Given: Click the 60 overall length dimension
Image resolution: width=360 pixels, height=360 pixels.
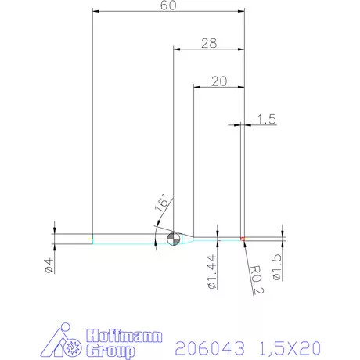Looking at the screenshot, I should point(167,5).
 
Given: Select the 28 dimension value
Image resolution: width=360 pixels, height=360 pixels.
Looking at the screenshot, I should point(208,43).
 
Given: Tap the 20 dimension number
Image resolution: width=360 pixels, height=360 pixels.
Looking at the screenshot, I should point(218,81).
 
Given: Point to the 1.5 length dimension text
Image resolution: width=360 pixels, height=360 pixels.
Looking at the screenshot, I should point(265,119).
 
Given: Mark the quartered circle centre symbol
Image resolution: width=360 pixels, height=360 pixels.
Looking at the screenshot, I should point(173,238).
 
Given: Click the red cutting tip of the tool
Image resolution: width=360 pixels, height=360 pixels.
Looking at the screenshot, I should point(243,238).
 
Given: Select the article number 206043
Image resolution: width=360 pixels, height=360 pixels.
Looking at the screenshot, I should point(205,346).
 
